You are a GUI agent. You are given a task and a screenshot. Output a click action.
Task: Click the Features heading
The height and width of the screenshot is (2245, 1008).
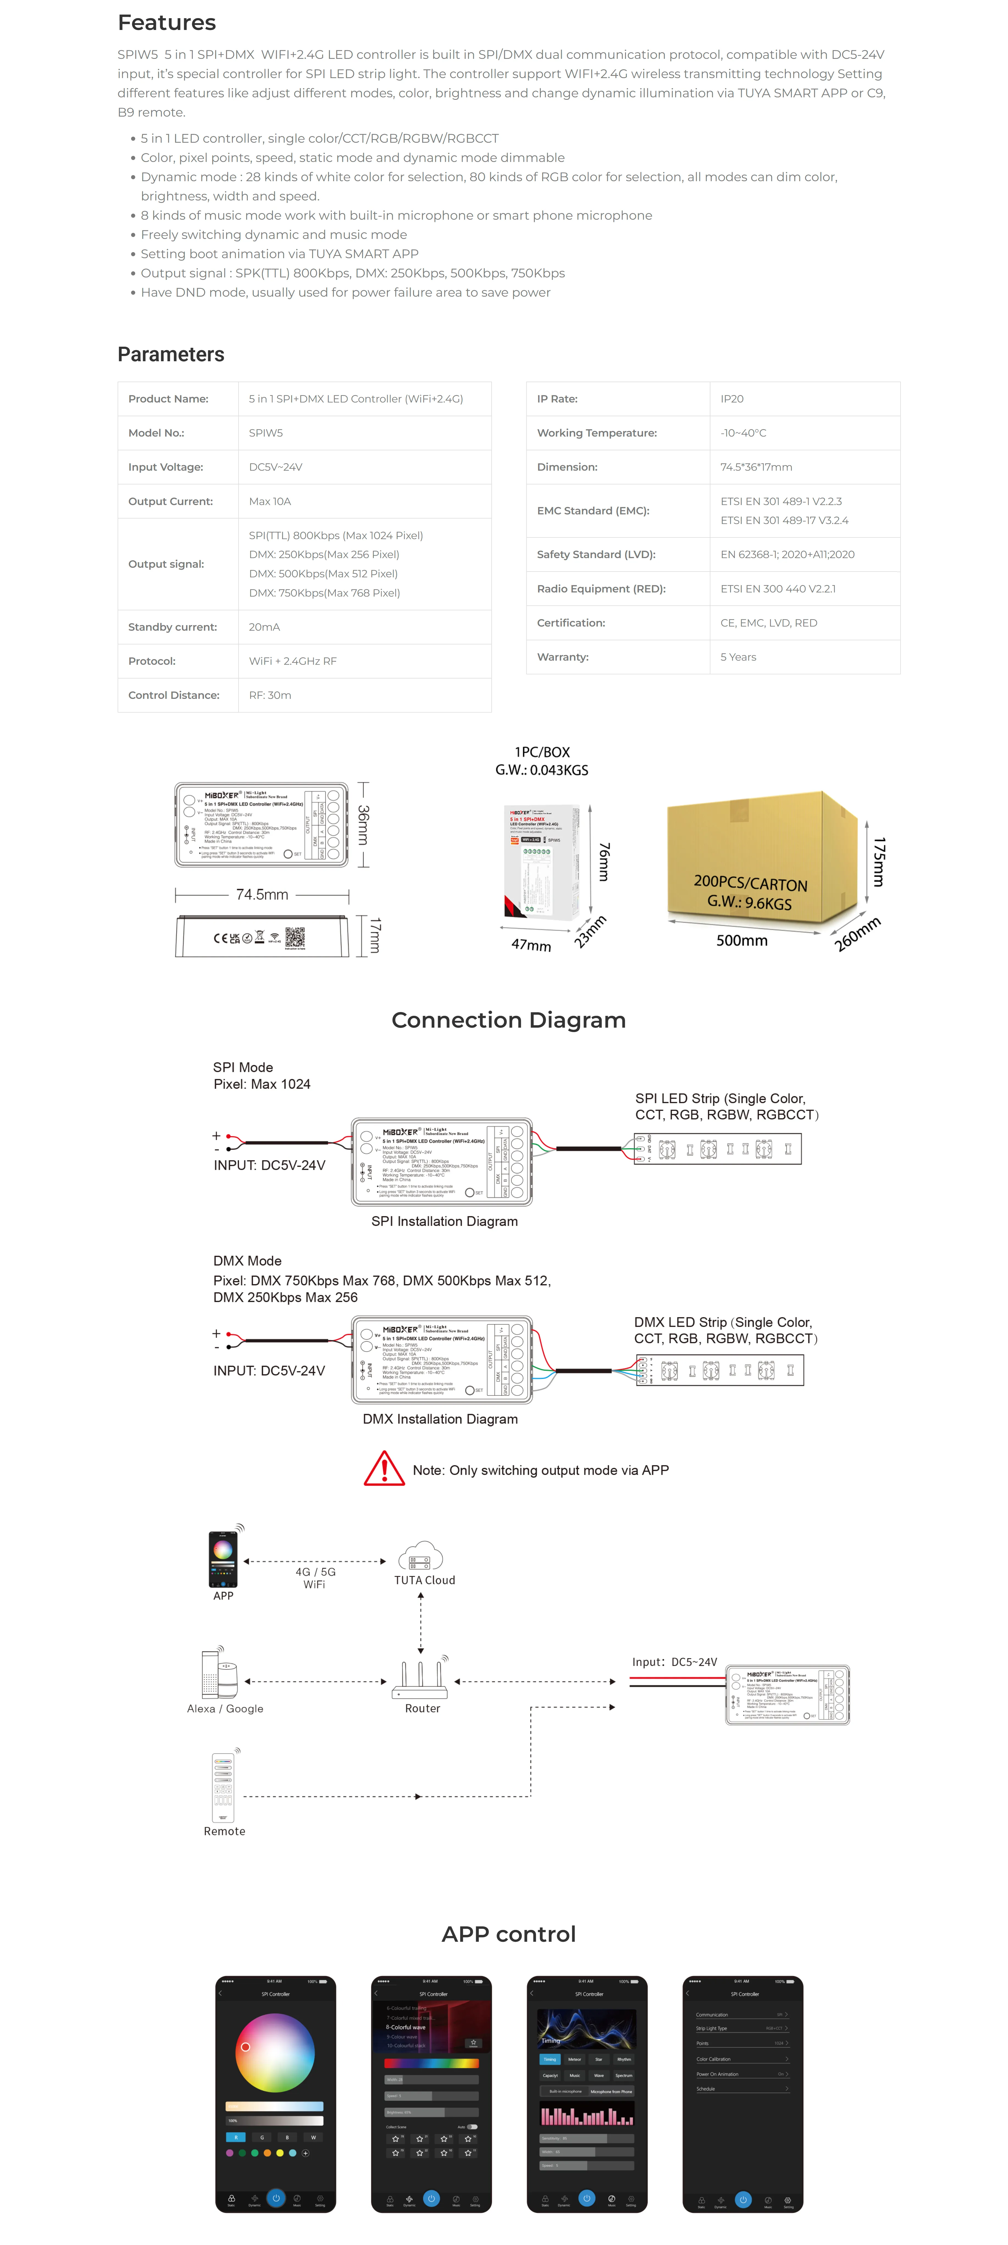(x=167, y=23)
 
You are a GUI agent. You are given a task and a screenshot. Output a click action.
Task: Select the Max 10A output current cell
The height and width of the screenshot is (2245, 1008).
(x=270, y=501)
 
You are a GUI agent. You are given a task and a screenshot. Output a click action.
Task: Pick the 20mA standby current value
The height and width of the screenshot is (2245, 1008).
(x=264, y=627)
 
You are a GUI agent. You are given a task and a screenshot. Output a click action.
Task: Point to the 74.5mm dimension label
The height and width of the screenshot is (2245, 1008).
(x=261, y=894)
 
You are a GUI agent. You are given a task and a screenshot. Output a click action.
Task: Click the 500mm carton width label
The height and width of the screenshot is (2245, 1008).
(x=741, y=940)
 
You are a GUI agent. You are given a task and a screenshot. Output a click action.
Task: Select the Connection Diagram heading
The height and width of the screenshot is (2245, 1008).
(x=508, y=1020)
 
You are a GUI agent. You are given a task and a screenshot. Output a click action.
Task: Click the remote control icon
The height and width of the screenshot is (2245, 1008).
(x=223, y=1787)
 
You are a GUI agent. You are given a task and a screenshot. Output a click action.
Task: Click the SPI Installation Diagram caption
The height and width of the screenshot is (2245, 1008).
(x=444, y=1221)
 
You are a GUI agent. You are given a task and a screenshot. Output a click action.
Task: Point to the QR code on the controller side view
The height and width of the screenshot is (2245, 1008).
(x=295, y=938)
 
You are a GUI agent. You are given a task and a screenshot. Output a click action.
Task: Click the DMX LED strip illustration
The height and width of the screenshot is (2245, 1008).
(x=719, y=1370)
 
